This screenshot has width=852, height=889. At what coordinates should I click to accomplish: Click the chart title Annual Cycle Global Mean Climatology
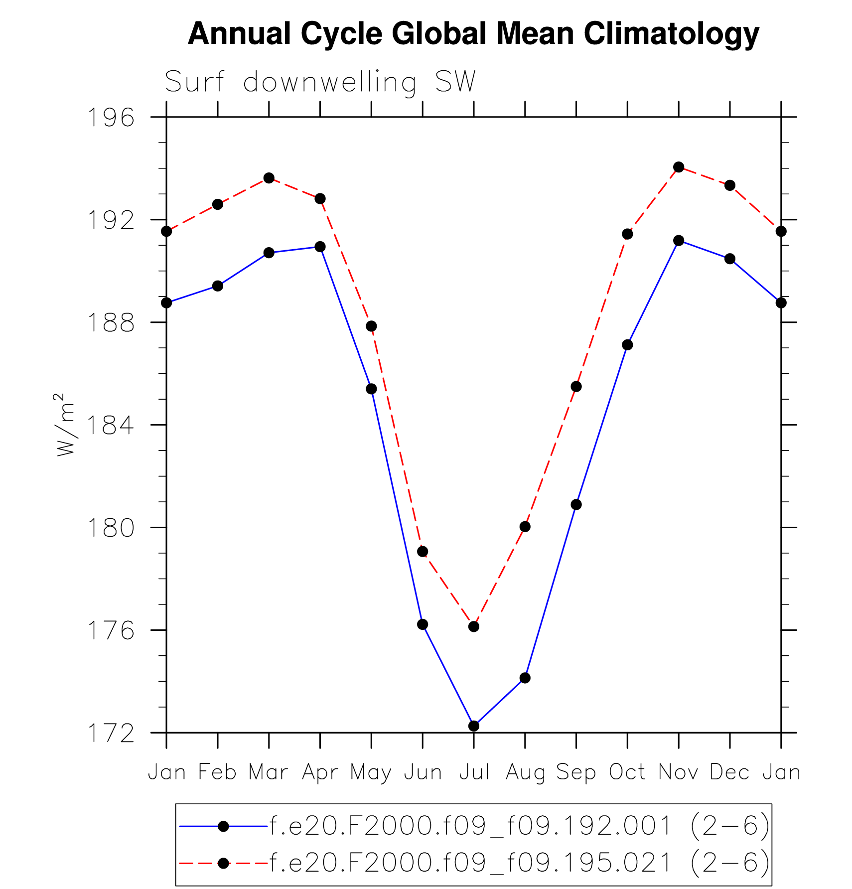(x=473, y=34)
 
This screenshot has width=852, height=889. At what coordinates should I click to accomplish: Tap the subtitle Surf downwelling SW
(x=320, y=82)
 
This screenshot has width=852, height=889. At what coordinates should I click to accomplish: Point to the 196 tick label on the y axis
(x=111, y=118)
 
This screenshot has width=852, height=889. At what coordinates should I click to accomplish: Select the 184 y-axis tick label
(x=111, y=426)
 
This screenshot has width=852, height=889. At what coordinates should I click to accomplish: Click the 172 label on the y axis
(x=111, y=734)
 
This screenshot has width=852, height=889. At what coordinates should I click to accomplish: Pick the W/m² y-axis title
(x=65, y=425)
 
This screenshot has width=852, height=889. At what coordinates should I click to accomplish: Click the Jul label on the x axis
(x=474, y=772)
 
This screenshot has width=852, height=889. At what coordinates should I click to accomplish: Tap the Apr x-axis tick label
(x=320, y=772)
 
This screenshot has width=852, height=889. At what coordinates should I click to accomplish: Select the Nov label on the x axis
(x=679, y=772)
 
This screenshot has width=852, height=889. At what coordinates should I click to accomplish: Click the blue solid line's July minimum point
(x=474, y=726)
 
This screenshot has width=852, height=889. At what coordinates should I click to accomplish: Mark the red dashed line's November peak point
(x=679, y=167)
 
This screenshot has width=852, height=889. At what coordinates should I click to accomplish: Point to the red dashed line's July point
(x=474, y=626)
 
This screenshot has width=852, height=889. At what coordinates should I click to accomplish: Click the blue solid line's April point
(x=320, y=247)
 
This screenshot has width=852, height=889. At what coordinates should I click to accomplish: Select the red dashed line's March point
(x=269, y=178)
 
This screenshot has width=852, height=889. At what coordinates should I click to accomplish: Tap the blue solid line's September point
(x=576, y=505)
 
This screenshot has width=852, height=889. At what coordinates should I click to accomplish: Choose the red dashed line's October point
(x=627, y=234)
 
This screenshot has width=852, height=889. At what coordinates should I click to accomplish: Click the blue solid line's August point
(x=525, y=678)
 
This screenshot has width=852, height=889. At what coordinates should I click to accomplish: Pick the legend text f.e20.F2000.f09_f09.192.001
(x=471, y=826)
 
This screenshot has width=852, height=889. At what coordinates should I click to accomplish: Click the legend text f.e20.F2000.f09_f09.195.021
(x=471, y=863)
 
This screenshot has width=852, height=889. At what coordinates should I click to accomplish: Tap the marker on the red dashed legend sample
(x=224, y=863)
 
